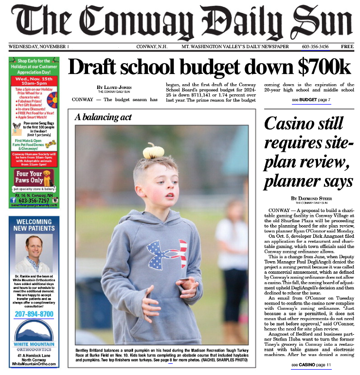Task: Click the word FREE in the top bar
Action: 347,47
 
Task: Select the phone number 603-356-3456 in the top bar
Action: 315,47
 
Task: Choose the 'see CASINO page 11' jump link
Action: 311,365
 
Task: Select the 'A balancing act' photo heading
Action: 103,117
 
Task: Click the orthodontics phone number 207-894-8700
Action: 34,314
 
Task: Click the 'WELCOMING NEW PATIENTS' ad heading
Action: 34,225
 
